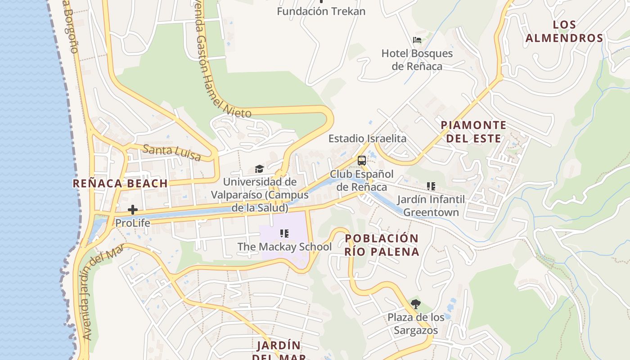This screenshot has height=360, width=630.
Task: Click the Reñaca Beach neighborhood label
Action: tap(120, 183)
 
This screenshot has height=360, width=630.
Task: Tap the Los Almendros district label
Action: tap(564, 31)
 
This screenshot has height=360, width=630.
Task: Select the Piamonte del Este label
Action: tap(473, 131)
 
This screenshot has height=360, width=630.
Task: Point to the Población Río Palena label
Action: tap(382, 245)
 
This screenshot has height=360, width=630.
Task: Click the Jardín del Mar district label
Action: tap(279, 351)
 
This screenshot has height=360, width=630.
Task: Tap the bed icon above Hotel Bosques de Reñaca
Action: tap(417, 40)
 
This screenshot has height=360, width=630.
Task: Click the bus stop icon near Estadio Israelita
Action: tap(362, 161)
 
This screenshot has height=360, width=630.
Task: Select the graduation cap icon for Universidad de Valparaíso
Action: tap(259, 169)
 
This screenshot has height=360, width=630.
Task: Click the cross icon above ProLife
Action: tap(133, 210)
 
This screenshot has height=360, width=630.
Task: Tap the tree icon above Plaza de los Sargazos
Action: tap(416, 304)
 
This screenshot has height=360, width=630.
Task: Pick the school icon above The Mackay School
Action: tap(284, 234)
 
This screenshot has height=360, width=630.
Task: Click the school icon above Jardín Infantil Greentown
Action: tap(431, 186)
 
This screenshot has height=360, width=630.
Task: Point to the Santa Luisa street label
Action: tap(172, 152)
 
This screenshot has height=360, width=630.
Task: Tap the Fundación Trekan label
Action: tap(321, 11)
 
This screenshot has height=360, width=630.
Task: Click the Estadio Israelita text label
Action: tap(367, 139)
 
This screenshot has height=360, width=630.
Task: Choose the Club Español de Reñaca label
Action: tap(362, 180)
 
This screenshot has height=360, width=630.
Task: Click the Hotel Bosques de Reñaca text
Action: tap(417, 60)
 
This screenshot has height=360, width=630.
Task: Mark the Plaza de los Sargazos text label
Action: tap(416, 324)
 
